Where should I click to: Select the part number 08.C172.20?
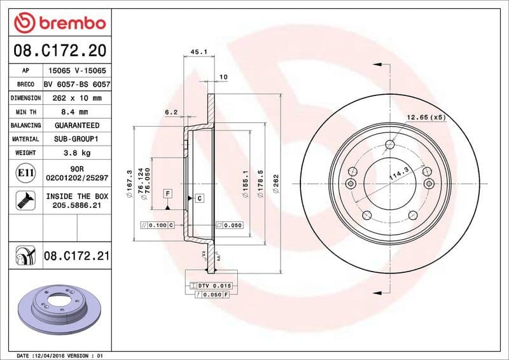59,50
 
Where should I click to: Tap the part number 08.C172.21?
77,256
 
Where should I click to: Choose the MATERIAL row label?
25,139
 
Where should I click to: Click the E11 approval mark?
25,172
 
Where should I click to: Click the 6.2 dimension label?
171,112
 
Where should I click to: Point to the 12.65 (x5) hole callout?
426,118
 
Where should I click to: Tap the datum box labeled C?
199,198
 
